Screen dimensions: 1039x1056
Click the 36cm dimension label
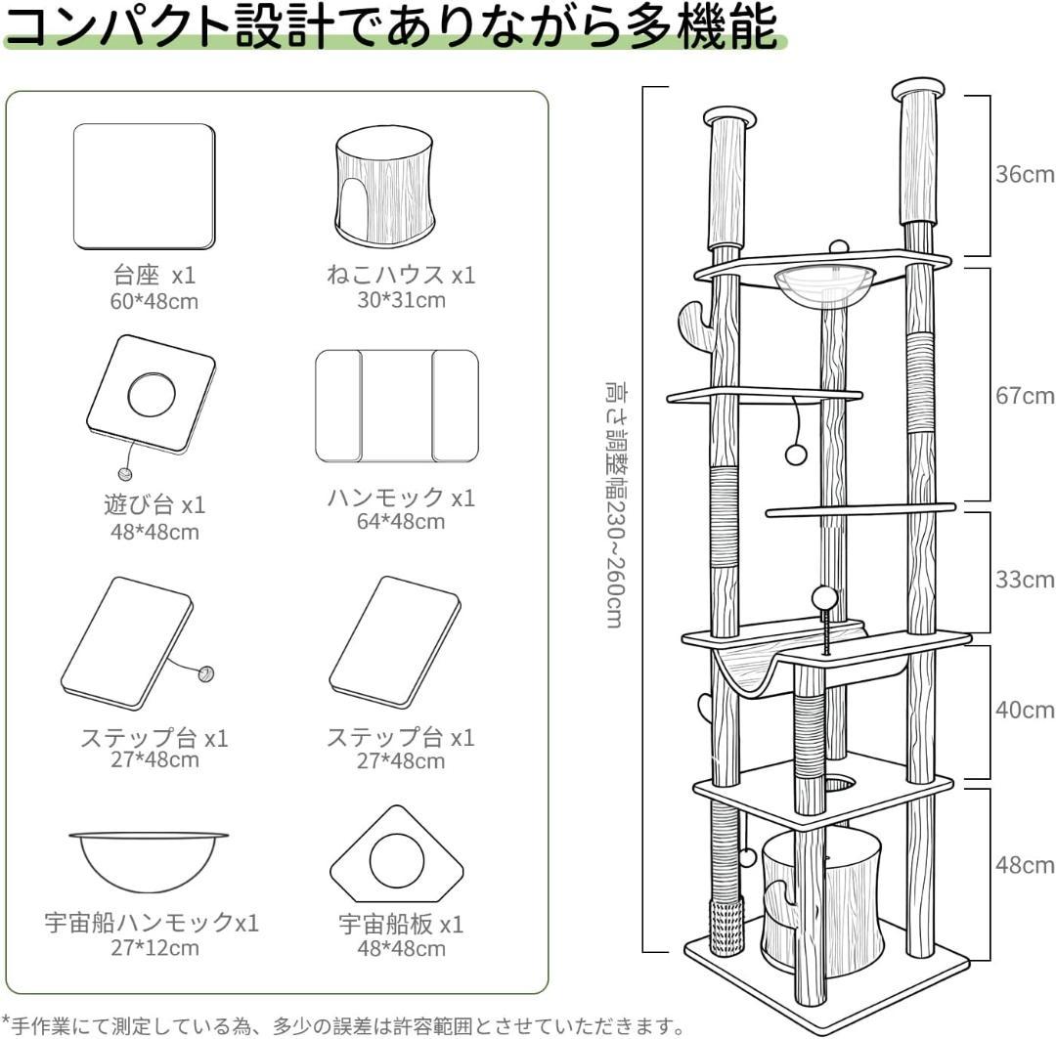pos(1025,175)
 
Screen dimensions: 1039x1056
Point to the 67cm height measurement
pos(1025,396)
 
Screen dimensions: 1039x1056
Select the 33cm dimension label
pos(1025,580)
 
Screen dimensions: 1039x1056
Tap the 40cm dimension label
pos(1025,710)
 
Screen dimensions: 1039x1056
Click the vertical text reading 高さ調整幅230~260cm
pos(613,504)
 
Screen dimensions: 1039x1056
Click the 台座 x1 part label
pos(154,275)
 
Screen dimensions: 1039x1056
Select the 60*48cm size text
pos(154,301)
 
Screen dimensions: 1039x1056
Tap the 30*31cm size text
pos(400,300)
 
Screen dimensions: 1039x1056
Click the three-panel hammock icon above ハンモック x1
pos(397,406)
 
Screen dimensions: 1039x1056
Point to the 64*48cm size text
pos(400,522)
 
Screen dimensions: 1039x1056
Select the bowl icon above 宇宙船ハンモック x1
pos(149,859)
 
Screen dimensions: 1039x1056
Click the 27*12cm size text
pos(154,947)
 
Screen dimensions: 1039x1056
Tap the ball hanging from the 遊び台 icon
pos(125,473)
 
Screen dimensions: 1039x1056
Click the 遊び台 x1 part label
pos(154,505)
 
